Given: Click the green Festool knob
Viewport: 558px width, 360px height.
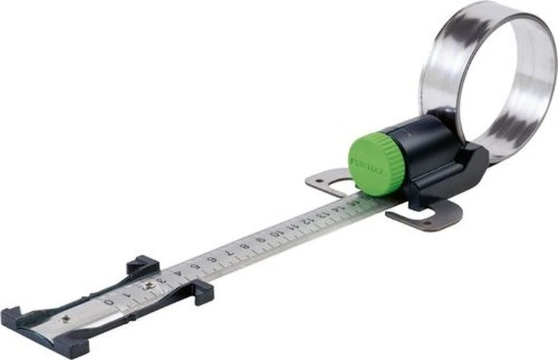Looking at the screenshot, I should pos(377,162).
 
